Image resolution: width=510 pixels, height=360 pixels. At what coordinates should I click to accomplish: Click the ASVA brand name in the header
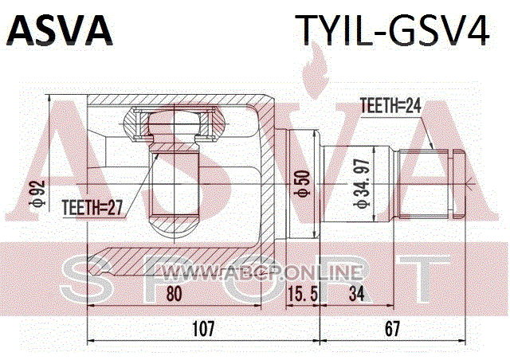pyautogui.click(x=60, y=29)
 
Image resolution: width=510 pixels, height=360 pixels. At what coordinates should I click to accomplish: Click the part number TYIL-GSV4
pyautogui.click(x=392, y=30)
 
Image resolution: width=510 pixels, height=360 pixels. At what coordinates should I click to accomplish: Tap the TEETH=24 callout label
pyautogui.click(x=390, y=106)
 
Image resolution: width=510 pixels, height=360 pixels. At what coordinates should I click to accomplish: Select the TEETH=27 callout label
pyautogui.click(x=92, y=208)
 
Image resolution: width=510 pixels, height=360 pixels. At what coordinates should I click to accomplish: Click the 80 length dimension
pyautogui.click(x=174, y=294)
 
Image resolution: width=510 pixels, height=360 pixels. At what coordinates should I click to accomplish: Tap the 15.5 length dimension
pyautogui.click(x=302, y=295)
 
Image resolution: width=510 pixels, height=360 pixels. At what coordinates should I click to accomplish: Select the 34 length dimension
pyautogui.click(x=357, y=294)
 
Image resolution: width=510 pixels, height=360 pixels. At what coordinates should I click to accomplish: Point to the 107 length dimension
pyautogui.click(x=204, y=329)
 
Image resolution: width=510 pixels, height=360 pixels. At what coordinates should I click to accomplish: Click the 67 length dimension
pyautogui.click(x=392, y=329)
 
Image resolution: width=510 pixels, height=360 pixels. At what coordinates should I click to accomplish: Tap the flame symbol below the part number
pyautogui.click(x=314, y=70)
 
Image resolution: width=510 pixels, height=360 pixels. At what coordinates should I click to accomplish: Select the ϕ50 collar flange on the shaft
pyautogui.click(x=303, y=185)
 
